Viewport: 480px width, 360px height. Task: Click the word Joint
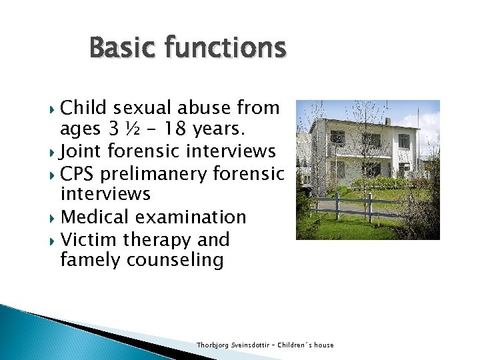click(81, 151)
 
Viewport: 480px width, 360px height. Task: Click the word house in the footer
click(324, 345)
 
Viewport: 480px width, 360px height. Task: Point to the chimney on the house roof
click(387, 121)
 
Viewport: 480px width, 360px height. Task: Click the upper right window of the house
click(403, 141)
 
